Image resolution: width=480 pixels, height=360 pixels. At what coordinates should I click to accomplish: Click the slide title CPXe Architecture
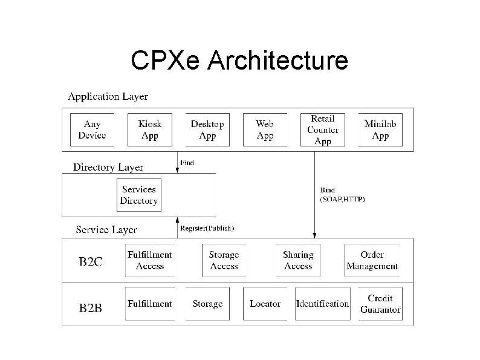coord(239,61)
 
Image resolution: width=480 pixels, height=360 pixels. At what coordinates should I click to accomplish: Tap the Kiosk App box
coord(150,129)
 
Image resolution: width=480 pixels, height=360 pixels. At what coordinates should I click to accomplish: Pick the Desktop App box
coord(207,129)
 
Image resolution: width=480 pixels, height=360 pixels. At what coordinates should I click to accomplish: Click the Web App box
coord(265,129)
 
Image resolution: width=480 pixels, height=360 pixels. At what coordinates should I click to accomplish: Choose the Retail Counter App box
coord(323,129)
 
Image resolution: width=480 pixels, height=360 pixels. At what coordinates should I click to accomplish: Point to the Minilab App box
coord(380,129)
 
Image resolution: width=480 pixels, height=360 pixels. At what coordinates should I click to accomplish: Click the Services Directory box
coord(139,195)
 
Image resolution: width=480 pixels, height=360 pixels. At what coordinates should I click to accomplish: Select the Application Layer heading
coord(108,97)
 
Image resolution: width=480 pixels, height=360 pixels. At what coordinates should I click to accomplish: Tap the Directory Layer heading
coord(108,167)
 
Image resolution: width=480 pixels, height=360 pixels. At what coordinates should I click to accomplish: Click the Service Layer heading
coord(106,230)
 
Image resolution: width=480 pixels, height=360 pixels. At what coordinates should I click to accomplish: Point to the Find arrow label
coord(187,163)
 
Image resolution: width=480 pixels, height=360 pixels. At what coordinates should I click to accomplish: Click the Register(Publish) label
coord(207,228)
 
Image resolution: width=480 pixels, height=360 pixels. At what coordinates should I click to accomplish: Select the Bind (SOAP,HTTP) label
coord(342,194)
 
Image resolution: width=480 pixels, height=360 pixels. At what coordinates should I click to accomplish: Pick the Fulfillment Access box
coord(150,260)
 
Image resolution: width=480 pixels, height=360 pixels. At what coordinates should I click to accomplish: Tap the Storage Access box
coord(224,260)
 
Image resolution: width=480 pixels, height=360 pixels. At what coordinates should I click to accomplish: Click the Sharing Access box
coord(298,260)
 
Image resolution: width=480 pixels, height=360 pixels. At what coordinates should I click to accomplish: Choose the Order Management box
coord(372,260)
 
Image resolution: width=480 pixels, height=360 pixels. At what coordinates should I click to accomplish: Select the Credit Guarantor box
coord(380,304)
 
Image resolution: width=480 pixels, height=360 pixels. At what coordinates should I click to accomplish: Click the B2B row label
coord(91,309)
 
